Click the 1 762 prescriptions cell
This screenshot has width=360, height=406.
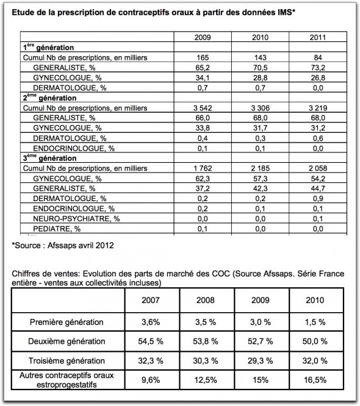[x=203, y=168]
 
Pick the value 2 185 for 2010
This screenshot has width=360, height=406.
[x=261, y=168]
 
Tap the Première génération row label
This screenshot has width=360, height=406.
[x=68, y=321]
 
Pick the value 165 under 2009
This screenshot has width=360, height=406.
[x=203, y=57]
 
